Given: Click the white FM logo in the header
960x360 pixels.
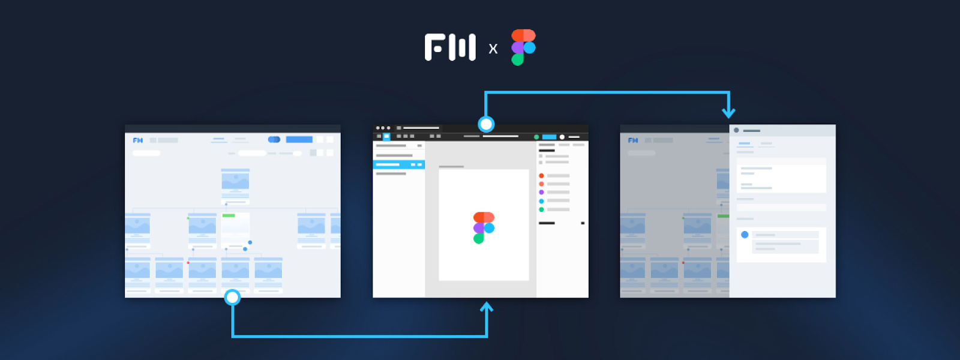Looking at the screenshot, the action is coord(450,47).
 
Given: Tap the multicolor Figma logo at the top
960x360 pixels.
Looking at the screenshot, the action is coord(523,47).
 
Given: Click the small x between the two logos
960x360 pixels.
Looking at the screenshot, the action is coord(493,49).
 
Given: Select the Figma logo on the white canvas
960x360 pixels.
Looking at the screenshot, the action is coord(484,228).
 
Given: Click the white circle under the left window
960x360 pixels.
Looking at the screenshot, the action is coord(232,297).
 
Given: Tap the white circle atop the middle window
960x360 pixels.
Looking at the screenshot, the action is coord(486,124).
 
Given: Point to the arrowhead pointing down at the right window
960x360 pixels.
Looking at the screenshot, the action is coord(728,113).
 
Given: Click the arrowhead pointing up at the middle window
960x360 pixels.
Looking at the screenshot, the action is coord(487,307).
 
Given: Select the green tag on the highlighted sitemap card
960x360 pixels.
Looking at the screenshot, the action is coord(229,215).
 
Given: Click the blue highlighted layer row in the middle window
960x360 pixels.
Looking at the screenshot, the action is coord(398,164).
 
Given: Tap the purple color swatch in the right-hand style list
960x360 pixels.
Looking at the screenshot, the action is coord(541,193).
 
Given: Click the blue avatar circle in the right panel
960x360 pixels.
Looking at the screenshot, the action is coord(745,235).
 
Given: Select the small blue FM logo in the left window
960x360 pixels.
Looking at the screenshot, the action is coord(137,140).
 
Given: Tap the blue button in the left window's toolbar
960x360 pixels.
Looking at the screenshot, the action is coord(299,139).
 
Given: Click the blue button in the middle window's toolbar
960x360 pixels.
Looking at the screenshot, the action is coord(549,137).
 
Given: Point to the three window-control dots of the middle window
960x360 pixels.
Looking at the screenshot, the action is coord(383,128).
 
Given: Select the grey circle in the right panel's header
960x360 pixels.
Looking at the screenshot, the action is coord(736,130).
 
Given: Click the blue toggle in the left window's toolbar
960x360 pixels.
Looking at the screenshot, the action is coord(274,139).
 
